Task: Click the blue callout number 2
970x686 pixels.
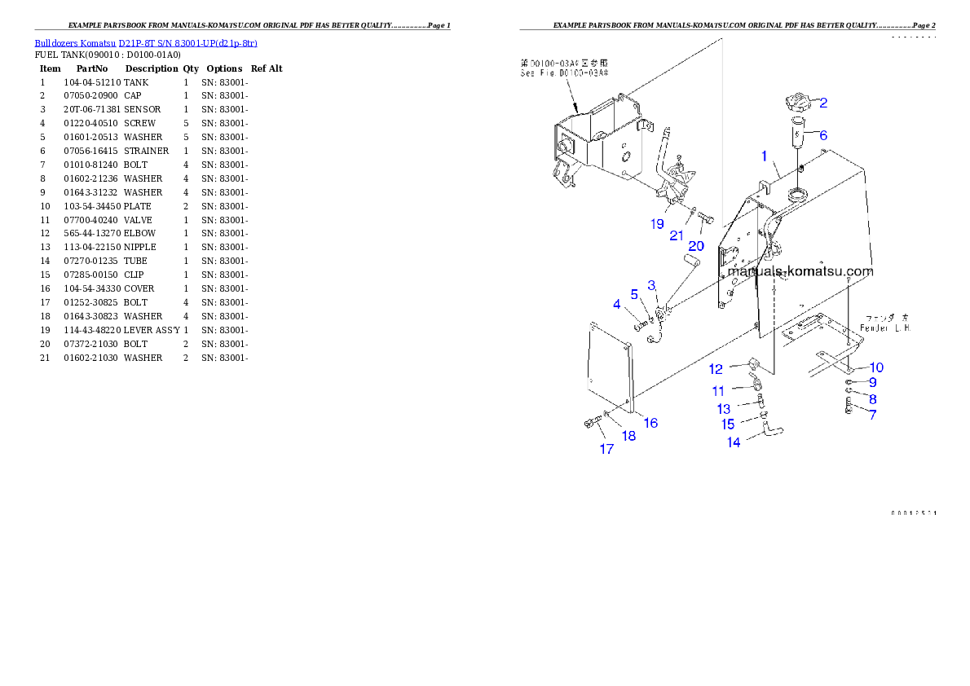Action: [x=823, y=103]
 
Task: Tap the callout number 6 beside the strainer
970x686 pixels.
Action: [x=823, y=135]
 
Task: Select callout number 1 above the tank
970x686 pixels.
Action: [x=764, y=155]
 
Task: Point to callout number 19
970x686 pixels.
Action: [x=657, y=224]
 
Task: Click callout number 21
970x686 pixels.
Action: [x=677, y=236]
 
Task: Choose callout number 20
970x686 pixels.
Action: [x=696, y=246]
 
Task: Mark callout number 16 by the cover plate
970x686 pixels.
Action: [x=650, y=423]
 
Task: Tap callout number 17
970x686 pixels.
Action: [x=606, y=449]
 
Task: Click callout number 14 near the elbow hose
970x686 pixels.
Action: [x=734, y=442]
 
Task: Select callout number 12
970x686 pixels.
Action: [x=716, y=370]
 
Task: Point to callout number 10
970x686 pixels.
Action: [x=875, y=367]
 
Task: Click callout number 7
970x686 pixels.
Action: [x=872, y=415]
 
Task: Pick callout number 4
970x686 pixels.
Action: [x=617, y=305]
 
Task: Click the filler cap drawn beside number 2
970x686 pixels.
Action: [x=794, y=104]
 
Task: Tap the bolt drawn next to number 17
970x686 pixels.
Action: [x=588, y=422]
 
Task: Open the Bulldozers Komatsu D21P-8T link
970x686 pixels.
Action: [x=146, y=43]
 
